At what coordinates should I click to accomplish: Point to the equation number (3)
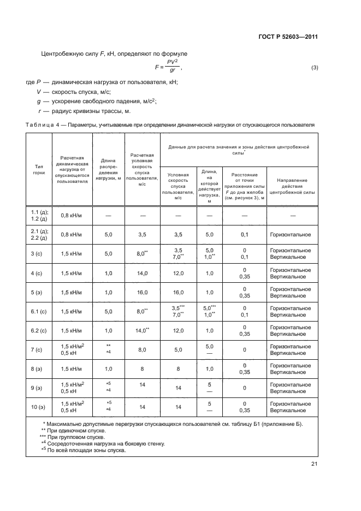[314, 68]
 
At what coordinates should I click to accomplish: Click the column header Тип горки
[39, 169]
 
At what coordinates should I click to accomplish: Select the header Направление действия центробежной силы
[292, 186]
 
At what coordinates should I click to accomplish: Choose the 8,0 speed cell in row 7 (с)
[142, 349]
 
